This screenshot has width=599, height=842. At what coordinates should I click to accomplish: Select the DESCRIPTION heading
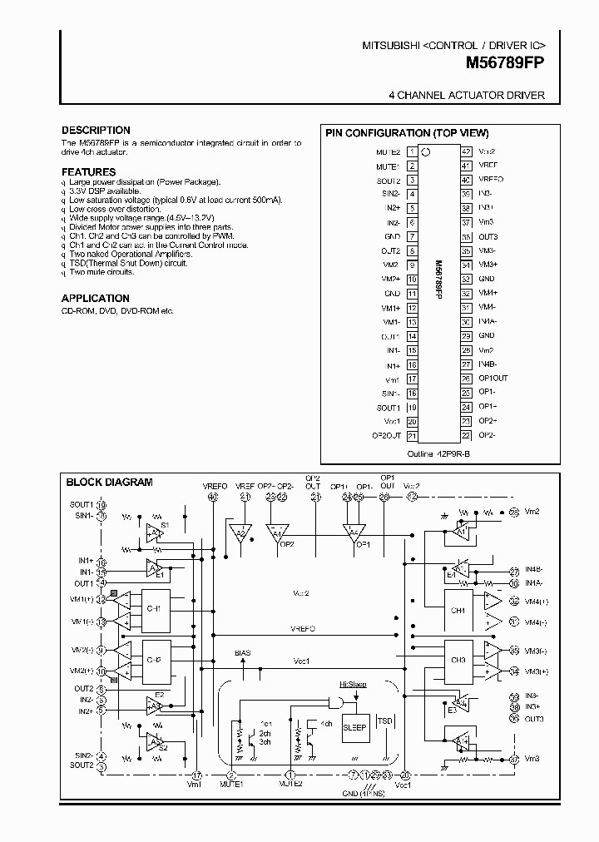click(96, 131)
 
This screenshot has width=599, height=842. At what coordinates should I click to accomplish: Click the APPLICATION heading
click(95, 298)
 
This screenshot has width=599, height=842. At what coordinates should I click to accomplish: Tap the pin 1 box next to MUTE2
click(412, 152)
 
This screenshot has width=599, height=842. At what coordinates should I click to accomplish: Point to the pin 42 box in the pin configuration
click(466, 152)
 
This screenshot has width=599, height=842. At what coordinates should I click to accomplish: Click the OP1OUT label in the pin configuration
click(493, 378)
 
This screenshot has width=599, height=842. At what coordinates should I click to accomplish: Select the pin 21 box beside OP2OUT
click(412, 434)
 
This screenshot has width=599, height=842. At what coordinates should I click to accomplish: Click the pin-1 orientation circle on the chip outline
click(427, 152)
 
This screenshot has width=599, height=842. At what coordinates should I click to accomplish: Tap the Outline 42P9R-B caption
click(438, 454)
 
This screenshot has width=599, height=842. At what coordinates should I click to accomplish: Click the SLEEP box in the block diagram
click(355, 726)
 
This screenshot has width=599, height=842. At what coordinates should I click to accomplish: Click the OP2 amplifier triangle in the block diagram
click(277, 533)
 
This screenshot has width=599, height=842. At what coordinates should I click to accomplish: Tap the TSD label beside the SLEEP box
click(384, 721)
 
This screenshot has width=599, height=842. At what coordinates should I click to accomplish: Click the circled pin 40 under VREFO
click(213, 498)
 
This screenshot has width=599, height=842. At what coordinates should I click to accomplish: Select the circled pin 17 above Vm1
click(196, 775)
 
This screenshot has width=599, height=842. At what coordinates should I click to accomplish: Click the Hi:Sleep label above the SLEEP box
click(352, 684)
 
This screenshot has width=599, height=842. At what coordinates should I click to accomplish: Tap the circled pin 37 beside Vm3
click(514, 758)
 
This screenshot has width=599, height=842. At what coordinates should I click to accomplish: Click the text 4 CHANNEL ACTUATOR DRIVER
click(467, 96)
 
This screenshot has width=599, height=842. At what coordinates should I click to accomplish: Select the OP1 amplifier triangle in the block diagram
click(353, 533)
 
